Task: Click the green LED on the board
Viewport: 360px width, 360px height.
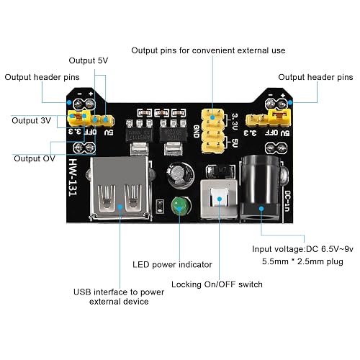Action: pos(180,206)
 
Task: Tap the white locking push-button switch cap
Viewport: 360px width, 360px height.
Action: pos(219,197)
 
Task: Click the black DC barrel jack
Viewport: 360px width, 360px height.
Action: pos(261,189)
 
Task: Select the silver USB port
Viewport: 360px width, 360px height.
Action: pos(120,189)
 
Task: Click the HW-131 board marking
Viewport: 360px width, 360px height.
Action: pos(73,177)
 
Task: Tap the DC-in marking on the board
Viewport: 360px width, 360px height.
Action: pos(287,201)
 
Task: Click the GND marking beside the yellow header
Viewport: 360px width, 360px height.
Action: pos(197,131)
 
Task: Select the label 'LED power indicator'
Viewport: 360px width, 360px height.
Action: pos(172,264)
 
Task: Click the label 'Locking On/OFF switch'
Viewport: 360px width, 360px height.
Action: pos(217,284)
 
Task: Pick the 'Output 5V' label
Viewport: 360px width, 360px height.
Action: pos(89,60)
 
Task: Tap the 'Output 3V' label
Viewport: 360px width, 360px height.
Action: pos(31,120)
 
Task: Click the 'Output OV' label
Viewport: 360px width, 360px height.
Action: pos(35,158)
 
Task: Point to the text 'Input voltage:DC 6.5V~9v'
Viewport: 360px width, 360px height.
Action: pos(302,249)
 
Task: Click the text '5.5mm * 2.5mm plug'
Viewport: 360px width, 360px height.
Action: pos(302,261)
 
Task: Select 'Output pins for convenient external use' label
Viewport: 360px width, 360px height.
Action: pos(208,50)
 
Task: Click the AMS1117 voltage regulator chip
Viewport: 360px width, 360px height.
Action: pos(139,135)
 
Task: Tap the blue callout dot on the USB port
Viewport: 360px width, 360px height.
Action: pos(120,207)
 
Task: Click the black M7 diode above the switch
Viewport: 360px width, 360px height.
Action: pos(220,171)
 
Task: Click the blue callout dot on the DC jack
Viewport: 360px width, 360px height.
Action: pos(261,209)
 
